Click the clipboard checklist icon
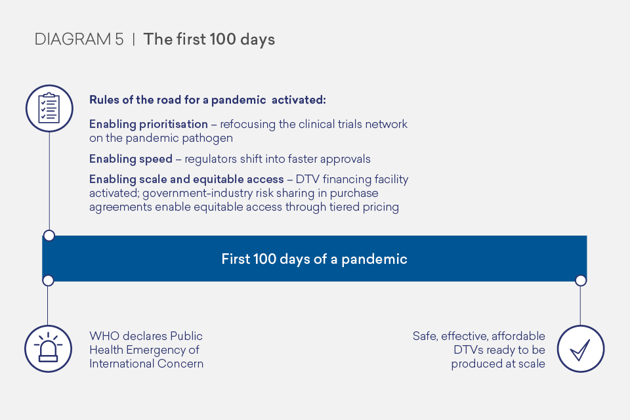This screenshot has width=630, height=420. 49,108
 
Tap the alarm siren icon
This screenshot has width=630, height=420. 49,348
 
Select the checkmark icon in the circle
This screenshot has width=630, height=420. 580,348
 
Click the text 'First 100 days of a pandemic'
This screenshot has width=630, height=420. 314,259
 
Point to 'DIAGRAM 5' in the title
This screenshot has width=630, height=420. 79,39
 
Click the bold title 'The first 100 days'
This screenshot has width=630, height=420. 209,39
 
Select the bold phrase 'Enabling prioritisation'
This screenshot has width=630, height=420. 148,124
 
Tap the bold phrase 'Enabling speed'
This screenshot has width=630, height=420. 131,159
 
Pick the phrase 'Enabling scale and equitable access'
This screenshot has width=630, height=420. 186,179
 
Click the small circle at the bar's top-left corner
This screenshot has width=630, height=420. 49,236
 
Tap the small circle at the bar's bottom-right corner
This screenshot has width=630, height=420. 580,280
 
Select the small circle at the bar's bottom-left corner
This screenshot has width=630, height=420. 48,280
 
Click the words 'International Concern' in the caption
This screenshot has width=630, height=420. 146,364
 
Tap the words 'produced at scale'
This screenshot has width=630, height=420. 498,364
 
